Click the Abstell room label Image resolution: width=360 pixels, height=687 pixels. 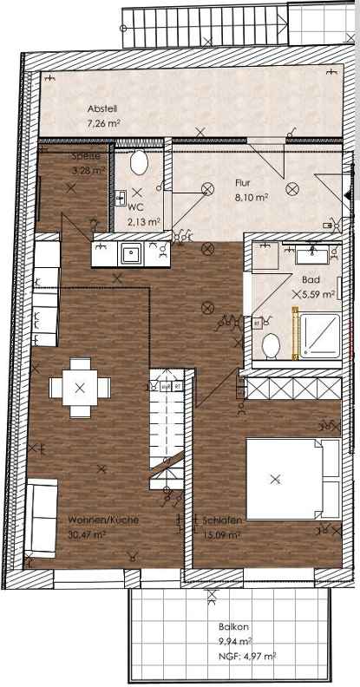[102, 108]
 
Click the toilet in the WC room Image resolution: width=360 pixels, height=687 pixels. [139, 162]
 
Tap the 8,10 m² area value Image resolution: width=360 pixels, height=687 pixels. [251, 197]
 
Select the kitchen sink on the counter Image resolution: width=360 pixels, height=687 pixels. [131, 253]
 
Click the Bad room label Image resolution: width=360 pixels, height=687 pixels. [311, 280]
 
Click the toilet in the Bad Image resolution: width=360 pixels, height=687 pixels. [271, 345]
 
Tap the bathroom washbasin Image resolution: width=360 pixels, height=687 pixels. [311, 255]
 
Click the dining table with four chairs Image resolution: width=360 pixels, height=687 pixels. [80, 387]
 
